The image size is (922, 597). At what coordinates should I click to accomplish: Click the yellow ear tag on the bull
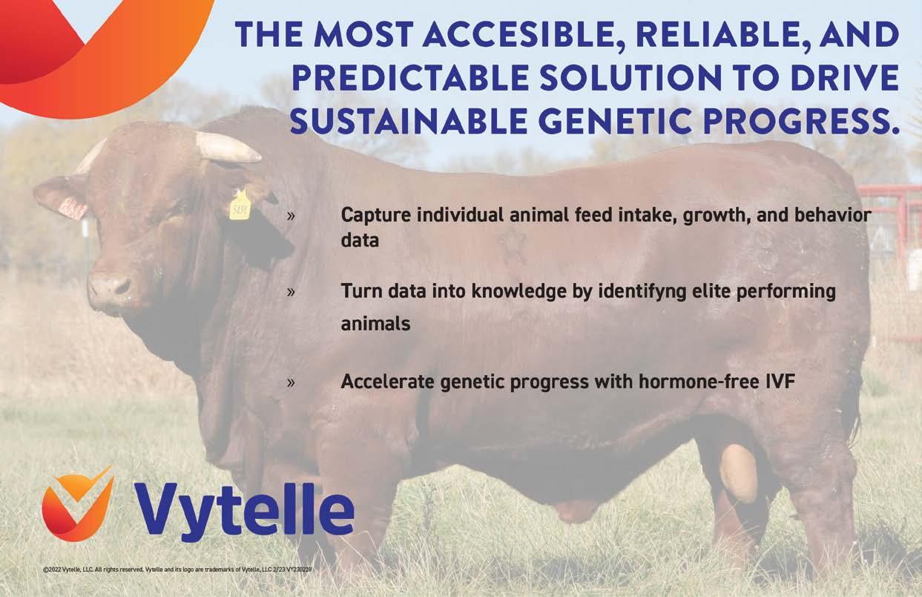pyautogui.click(x=240, y=205)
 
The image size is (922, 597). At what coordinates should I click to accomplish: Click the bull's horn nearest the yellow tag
pyautogui.click(x=228, y=146)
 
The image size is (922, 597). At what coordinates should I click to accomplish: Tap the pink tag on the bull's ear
pyautogui.click(x=72, y=208)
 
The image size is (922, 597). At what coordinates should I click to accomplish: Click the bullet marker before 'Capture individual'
pyautogui.click(x=291, y=215)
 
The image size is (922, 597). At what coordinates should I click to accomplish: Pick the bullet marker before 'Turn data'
pyautogui.click(x=291, y=292)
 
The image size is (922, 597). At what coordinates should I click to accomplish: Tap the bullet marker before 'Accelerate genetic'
pyautogui.click(x=291, y=382)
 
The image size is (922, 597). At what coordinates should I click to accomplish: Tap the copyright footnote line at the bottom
pyautogui.click(x=177, y=570)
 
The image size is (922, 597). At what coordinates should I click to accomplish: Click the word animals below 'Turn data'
pyautogui.click(x=376, y=324)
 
